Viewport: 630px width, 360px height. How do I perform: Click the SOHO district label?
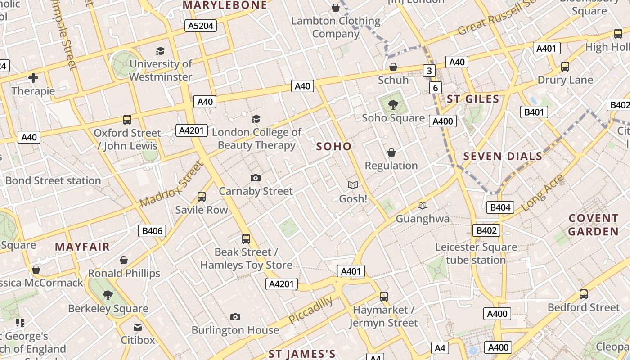pyautogui.click(x=333, y=146)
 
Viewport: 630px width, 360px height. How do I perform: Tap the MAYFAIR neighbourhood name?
pyautogui.click(x=82, y=247)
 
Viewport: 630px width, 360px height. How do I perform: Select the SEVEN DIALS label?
pyautogui.click(x=503, y=156)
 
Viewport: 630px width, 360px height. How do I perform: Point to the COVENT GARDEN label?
pyautogui.click(x=593, y=225)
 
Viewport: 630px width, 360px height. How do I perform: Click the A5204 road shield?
pyautogui.click(x=201, y=26)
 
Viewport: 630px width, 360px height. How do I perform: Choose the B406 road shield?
pyautogui.click(x=152, y=231)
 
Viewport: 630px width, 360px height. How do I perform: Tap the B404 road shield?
pyautogui.click(x=500, y=207)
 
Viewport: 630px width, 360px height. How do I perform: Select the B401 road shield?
pyautogui.click(x=534, y=112)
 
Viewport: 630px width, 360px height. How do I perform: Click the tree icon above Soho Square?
pyautogui.click(x=393, y=105)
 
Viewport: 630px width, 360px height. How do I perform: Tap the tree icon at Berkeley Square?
pyautogui.click(x=108, y=295)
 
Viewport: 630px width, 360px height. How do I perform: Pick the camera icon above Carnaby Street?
pyautogui.click(x=256, y=178)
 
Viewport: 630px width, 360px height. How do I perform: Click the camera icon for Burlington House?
pyautogui.click(x=235, y=317)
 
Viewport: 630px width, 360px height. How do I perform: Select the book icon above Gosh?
pyautogui.click(x=353, y=185)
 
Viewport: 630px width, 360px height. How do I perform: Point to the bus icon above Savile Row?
pyautogui.click(x=202, y=197)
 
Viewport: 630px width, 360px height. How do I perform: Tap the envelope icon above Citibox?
pyautogui.click(x=138, y=327)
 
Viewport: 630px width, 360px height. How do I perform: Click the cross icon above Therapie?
pyautogui.click(x=33, y=78)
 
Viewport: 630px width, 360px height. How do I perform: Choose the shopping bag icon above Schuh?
pyautogui.click(x=393, y=67)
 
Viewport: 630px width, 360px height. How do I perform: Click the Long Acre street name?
pyautogui.click(x=542, y=193)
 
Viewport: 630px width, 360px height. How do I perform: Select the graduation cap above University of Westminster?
pyautogui.click(x=160, y=51)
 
